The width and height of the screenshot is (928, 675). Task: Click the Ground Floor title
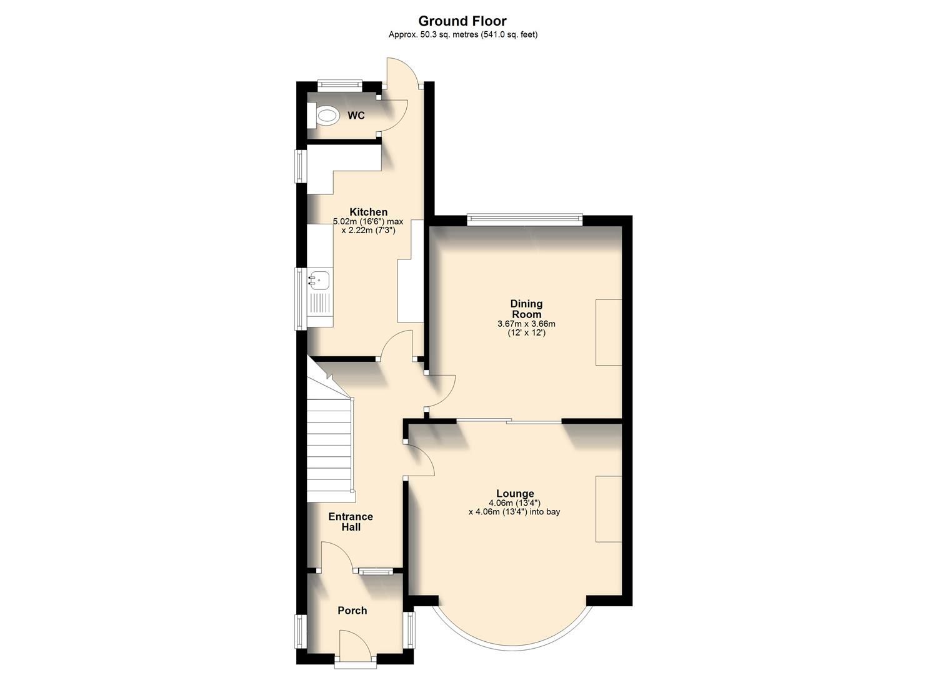point(462,21)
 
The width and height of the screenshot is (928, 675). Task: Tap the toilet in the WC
point(324,116)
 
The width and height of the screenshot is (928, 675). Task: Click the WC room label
point(356,116)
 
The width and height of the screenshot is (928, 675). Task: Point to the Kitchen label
point(368,212)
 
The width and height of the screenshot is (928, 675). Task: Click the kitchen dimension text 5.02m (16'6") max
point(368,221)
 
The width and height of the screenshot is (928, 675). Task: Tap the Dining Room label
point(526,309)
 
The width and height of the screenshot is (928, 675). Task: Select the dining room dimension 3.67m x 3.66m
point(526,324)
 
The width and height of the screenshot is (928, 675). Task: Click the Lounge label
point(515,493)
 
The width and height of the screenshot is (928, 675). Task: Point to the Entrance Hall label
point(351,521)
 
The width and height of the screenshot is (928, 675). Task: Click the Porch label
point(352,610)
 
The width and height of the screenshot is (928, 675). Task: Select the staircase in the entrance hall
point(330,447)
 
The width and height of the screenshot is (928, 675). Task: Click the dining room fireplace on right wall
point(608,332)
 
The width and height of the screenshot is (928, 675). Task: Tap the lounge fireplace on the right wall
point(608,508)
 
